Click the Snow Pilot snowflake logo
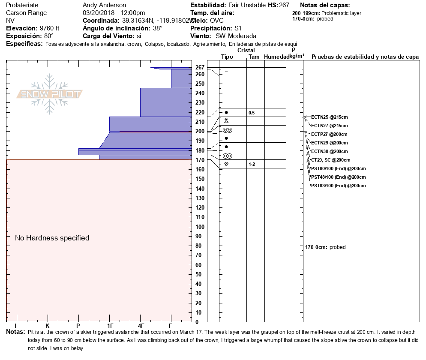click(x=49, y=94)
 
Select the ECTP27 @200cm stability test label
click(x=329, y=134)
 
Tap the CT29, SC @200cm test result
click(x=330, y=160)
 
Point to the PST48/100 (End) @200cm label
click(x=338, y=177)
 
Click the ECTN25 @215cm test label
click(x=329, y=117)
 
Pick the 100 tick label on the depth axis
click(x=200, y=227)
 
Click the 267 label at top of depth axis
click(x=200, y=67)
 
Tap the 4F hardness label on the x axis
click(x=141, y=326)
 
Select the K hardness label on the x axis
click(x=47, y=326)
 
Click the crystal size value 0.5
click(x=252, y=113)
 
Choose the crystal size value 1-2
click(x=252, y=164)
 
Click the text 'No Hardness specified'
click(x=52, y=238)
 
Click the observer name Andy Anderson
click(x=104, y=5)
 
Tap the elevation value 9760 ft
click(x=49, y=28)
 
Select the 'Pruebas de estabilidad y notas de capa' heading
click(x=365, y=57)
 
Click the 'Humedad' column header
click(x=276, y=57)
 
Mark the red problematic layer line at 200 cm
click(x=156, y=132)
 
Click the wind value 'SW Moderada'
click(x=236, y=36)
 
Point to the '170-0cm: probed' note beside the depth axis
click(x=325, y=247)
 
